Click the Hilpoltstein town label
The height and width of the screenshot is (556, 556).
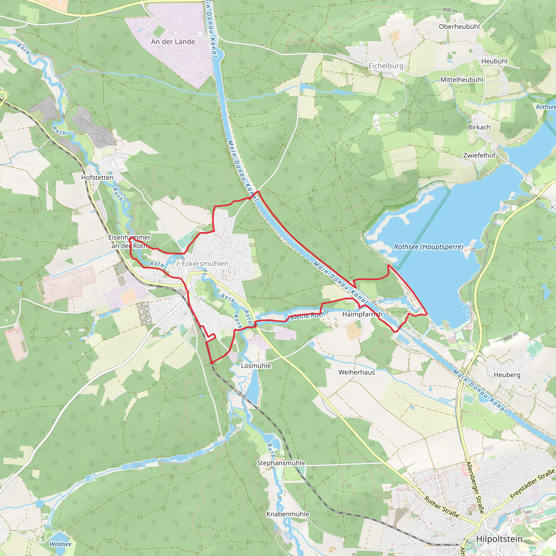499,539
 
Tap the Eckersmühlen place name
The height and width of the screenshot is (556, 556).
205,264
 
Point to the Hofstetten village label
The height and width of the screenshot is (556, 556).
97,178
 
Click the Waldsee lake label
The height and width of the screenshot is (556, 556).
61,544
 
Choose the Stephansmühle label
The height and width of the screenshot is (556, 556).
281,463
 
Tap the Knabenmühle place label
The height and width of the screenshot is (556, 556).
288,514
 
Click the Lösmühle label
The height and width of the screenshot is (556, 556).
256,365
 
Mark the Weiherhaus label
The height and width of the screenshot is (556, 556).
356,372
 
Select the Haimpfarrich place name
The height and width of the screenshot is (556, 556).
362,314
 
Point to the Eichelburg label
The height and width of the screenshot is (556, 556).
386,66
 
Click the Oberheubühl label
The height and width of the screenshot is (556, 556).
459,27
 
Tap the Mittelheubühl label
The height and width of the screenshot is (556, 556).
462,80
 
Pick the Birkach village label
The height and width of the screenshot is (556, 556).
479,127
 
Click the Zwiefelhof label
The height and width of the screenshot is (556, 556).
479,155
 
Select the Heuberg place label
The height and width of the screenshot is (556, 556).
507,375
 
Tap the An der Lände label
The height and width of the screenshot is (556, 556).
173,42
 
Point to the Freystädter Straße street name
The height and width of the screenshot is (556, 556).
532,484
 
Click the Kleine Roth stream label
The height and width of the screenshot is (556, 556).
307,315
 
